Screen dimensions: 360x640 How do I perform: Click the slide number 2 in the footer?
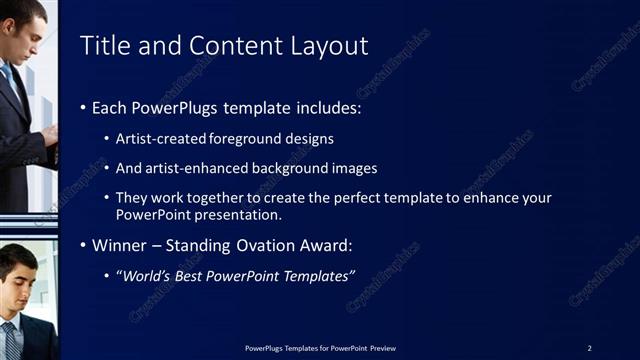coord(589,347)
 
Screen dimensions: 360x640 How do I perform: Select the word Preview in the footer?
coord(382,347)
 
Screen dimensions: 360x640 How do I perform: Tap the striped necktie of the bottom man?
coord(9,340)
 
